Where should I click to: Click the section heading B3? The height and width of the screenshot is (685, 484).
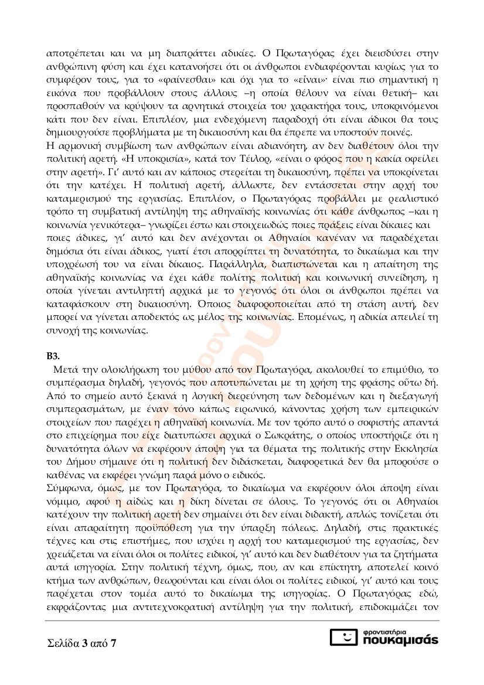53,356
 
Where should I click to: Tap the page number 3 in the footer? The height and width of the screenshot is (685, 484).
86,644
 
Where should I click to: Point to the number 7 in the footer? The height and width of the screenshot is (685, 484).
113,644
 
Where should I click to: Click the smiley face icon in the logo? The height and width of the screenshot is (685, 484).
345,638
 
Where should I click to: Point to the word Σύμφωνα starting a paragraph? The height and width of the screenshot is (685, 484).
65,473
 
